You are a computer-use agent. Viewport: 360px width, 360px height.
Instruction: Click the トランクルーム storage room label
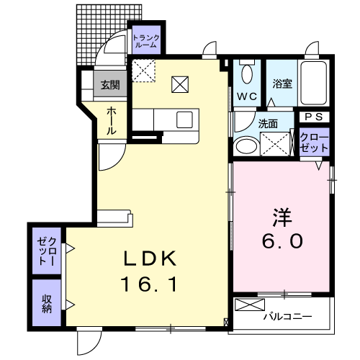146,41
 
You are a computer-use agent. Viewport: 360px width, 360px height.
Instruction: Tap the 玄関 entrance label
110,85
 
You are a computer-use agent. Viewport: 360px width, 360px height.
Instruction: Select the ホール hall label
112,121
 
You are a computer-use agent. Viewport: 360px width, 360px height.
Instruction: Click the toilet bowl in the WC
247,73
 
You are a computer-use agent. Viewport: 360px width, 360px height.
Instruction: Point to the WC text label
247,96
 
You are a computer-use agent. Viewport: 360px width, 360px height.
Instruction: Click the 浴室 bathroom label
282,84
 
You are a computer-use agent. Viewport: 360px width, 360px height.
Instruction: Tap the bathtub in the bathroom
314,83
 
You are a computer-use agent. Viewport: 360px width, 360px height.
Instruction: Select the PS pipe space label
314,117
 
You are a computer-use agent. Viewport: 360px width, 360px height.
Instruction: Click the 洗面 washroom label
268,124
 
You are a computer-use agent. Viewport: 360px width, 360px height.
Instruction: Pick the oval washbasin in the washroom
247,145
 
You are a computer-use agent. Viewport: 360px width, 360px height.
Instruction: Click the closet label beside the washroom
314,143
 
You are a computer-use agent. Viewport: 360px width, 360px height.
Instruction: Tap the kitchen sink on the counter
184,120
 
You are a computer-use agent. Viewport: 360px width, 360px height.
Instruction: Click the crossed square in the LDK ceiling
180,84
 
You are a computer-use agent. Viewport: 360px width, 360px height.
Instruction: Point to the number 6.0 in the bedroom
282,241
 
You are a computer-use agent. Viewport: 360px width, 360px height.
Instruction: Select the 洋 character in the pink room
282,217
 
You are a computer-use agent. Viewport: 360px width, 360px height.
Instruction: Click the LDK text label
150,258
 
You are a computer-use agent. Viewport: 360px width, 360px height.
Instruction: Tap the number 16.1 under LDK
150,284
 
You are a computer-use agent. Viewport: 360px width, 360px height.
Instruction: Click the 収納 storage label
47,304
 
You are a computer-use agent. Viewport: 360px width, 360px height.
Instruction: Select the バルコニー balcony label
287,317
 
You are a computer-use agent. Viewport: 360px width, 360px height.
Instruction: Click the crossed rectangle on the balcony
250,305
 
